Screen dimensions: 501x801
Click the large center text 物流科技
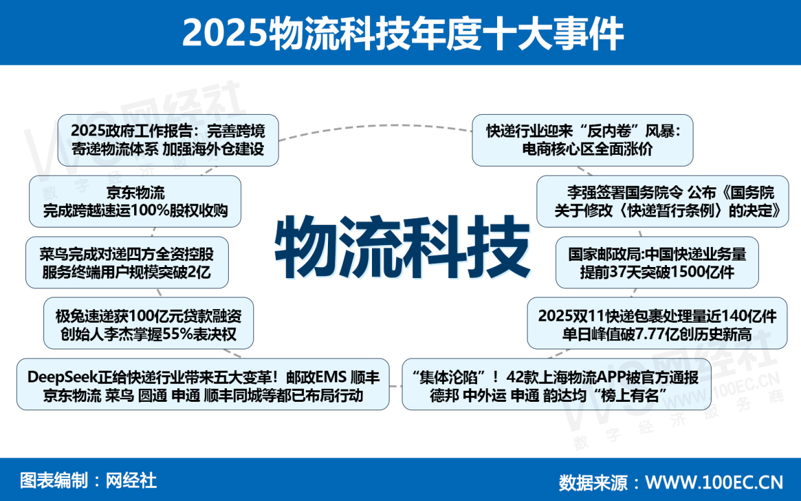point(402,248)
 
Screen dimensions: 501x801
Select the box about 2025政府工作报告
point(167,140)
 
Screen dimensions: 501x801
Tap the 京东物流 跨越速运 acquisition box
point(135,202)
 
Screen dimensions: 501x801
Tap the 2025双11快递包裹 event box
point(656,324)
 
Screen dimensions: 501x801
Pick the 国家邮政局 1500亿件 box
point(656,262)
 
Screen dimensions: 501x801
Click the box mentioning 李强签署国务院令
point(662,202)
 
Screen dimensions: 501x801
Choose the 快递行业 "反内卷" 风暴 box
point(582,140)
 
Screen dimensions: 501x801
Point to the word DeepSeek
point(62,377)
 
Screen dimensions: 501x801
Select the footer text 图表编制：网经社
point(89,480)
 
